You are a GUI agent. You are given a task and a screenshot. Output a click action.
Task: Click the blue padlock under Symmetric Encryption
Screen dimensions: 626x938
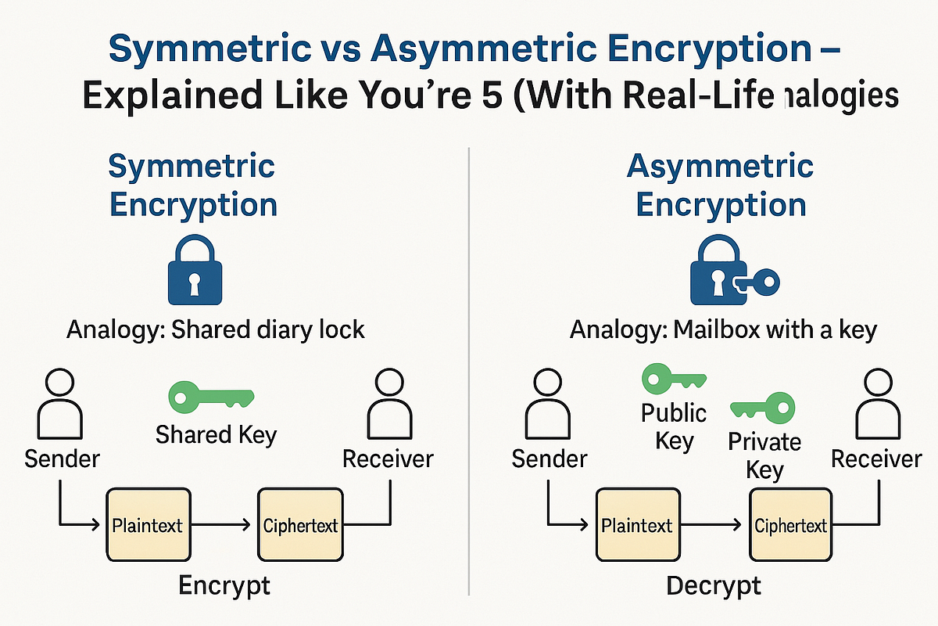(x=195, y=270)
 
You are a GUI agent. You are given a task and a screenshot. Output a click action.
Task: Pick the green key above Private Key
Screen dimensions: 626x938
(x=764, y=408)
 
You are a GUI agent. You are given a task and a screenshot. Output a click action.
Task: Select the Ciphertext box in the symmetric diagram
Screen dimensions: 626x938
(x=299, y=524)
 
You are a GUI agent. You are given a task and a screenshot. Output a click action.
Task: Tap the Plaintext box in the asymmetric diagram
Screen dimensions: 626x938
(x=636, y=524)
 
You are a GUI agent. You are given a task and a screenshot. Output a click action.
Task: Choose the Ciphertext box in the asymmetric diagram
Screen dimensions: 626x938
(x=790, y=524)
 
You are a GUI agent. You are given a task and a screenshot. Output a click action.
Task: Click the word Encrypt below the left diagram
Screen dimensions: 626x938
(x=224, y=585)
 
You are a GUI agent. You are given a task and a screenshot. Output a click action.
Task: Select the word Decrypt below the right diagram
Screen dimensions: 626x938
(x=714, y=585)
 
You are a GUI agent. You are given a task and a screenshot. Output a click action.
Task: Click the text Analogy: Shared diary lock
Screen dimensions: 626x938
(x=215, y=329)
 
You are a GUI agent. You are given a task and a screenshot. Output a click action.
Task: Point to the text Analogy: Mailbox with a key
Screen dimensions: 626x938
(x=723, y=329)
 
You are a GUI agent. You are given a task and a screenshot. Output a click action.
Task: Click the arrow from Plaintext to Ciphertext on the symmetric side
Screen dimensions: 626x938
(x=224, y=524)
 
